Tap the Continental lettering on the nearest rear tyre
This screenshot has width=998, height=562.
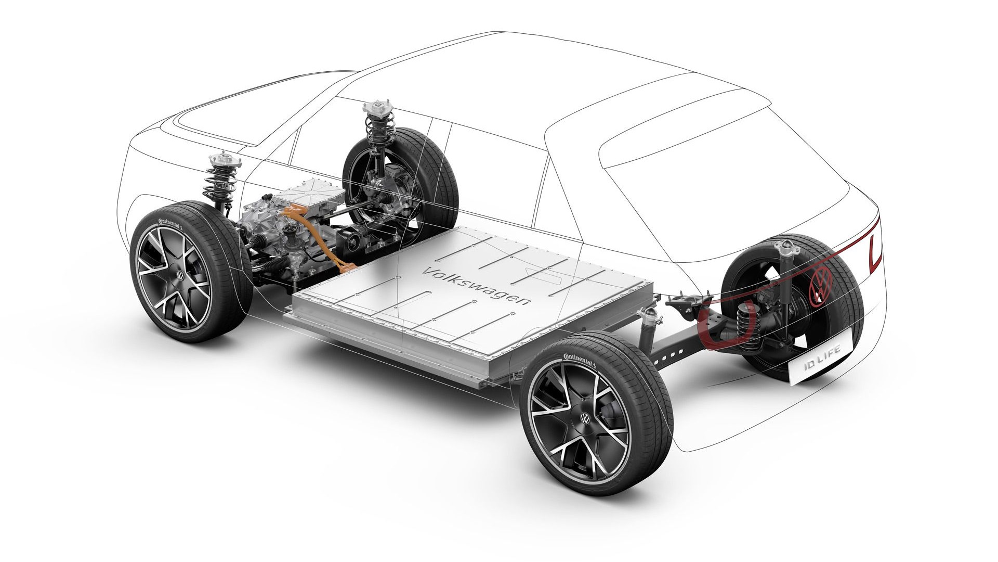click(x=577, y=357)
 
